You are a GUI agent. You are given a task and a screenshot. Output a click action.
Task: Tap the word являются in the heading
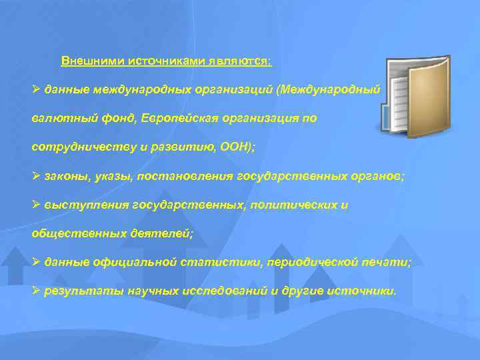(240, 61)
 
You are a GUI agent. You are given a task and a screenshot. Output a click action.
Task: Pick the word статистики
(227, 263)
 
